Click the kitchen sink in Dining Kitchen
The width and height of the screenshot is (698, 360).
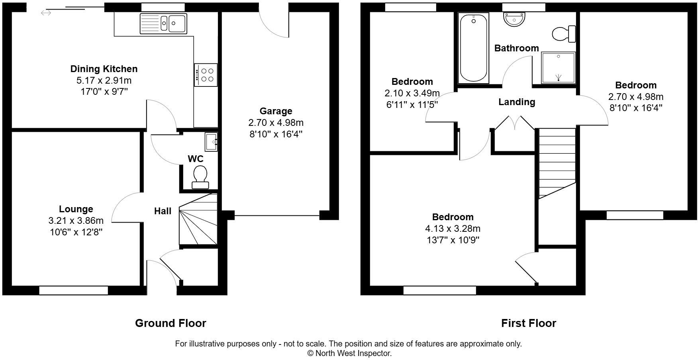(x=163, y=23)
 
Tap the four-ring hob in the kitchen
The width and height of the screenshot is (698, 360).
(x=206, y=75)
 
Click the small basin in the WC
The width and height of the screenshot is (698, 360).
(x=211, y=142)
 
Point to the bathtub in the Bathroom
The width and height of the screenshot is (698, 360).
(x=473, y=48)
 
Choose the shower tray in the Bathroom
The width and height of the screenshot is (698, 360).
(x=558, y=68)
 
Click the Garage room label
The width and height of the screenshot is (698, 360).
(x=276, y=111)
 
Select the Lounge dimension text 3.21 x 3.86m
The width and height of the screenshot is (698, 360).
(x=76, y=221)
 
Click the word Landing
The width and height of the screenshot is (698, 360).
(x=517, y=102)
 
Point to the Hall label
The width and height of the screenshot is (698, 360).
(x=163, y=211)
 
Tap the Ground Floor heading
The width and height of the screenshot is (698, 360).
(x=171, y=323)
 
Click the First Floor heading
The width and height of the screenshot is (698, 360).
(x=528, y=323)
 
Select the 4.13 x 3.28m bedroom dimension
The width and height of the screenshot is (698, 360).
(x=453, y=229)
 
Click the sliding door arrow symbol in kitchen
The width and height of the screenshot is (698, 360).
(x=46, y=13)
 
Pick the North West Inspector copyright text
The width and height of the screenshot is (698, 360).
(x=349, y=353)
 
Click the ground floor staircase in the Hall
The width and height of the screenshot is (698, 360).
(x=198, y=221)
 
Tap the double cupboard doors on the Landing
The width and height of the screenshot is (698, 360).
(x=515, y=123)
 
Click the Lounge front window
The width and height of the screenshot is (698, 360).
(x=74, y=290)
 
